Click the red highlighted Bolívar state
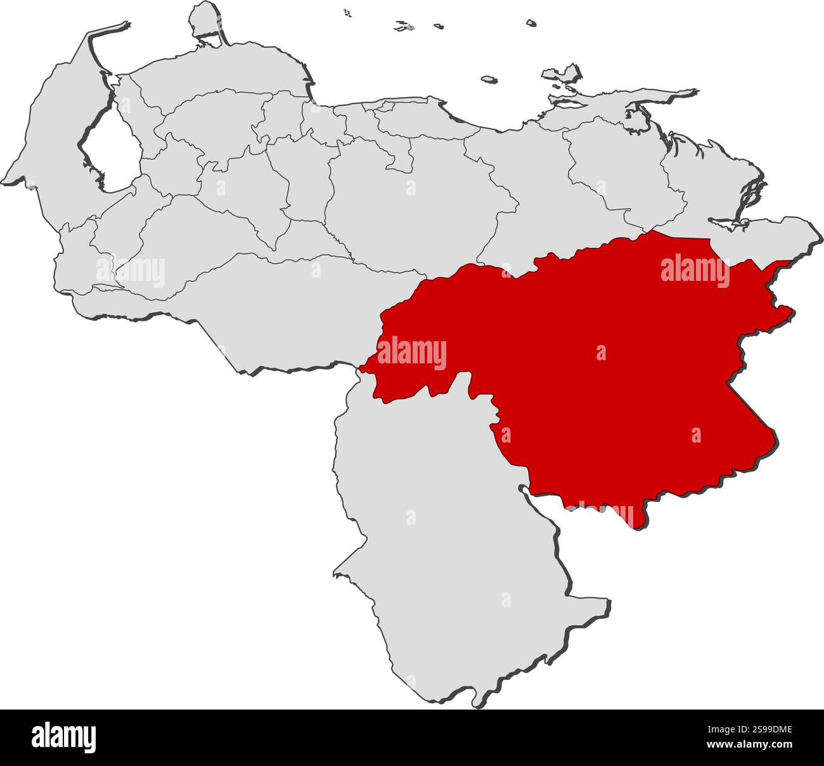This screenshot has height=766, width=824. pos(602,380)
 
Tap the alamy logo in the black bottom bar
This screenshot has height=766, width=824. pos(63,737)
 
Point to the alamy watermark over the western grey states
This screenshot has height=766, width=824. pos(131,271)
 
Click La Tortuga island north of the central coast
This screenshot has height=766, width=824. pos(488,80)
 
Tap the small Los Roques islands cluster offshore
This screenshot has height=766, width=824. pos(403,27)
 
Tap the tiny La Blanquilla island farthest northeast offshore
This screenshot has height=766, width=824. pos(531,23)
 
